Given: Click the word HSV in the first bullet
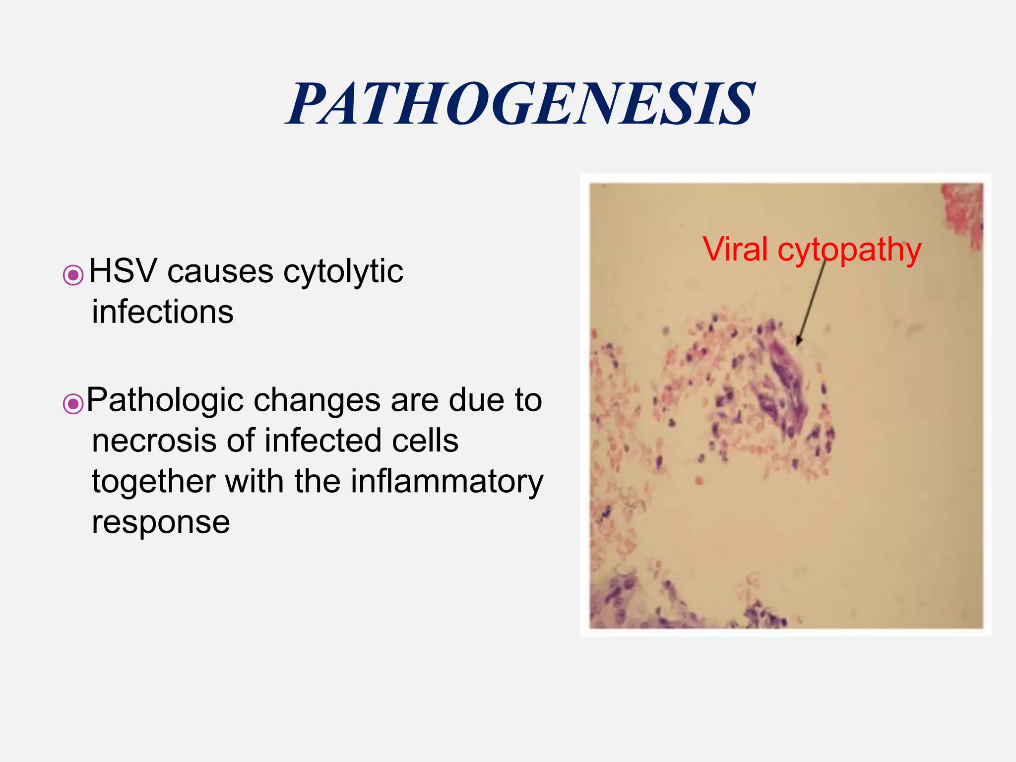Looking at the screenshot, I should (x=123, y=271).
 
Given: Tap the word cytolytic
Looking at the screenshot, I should (x=343, y=272).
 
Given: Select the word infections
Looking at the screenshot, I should (x=163, y=312).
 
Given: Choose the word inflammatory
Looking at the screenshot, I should (x=447, y=482).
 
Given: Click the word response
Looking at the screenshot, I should (x=161, y=522).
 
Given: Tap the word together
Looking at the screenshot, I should (x=154, y=482).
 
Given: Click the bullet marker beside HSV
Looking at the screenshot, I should (x=73, y=275).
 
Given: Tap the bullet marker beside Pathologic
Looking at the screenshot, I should (x=73, y=404).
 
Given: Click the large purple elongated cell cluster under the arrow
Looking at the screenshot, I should (x=784, y=392).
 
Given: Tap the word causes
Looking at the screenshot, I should (x=220, y=272).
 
